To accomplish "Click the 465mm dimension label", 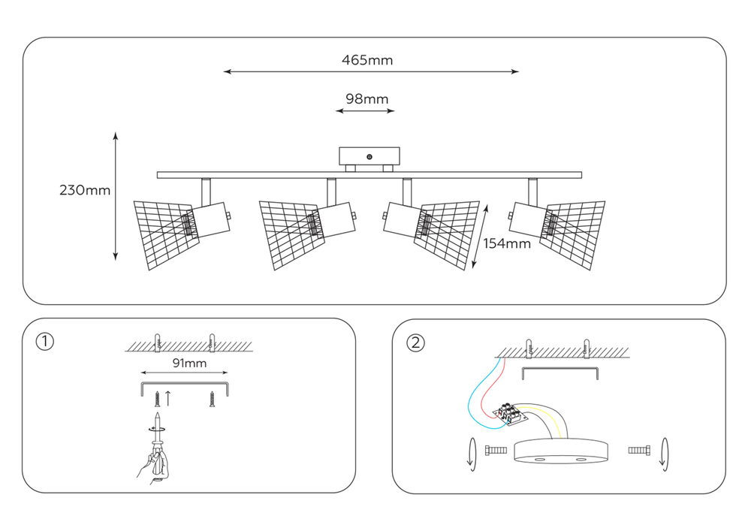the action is point(367,60).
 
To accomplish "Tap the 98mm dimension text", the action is point(367,99).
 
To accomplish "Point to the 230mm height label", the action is point(85,190).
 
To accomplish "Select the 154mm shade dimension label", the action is point(507,243).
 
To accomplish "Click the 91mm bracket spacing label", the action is point(189,364).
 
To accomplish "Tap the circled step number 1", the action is point(45,342).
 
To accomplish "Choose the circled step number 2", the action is point(415,342).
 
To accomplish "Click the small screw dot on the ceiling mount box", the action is point(369,157).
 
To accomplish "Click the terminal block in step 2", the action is point(510,414).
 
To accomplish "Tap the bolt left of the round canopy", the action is point(496,451).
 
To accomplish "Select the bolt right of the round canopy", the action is point(639,451).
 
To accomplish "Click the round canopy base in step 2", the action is point(561,451).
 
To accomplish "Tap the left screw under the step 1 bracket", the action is point(157,399).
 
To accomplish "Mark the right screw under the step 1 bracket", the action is point(212,399).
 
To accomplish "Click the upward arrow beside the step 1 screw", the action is point(168,398).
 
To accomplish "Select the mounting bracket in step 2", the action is point(560,373).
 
